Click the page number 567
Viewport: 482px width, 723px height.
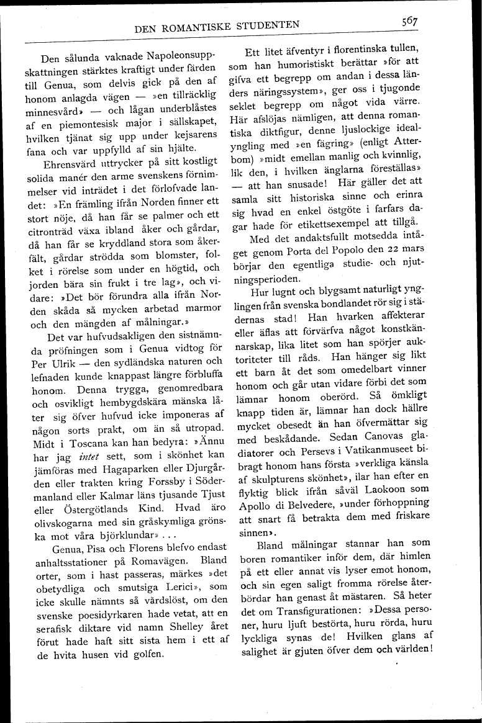(409, 22)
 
